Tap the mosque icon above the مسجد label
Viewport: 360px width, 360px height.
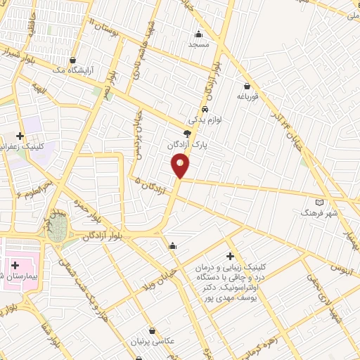coord(199,34)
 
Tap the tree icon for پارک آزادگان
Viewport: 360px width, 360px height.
coord(186,133)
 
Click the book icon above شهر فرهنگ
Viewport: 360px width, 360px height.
coord(320,202)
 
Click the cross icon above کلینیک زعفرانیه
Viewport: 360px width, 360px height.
coord(20,136)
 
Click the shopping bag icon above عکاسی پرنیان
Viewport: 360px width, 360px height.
coord(153,330)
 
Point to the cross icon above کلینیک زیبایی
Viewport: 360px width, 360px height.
coord(229,257)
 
